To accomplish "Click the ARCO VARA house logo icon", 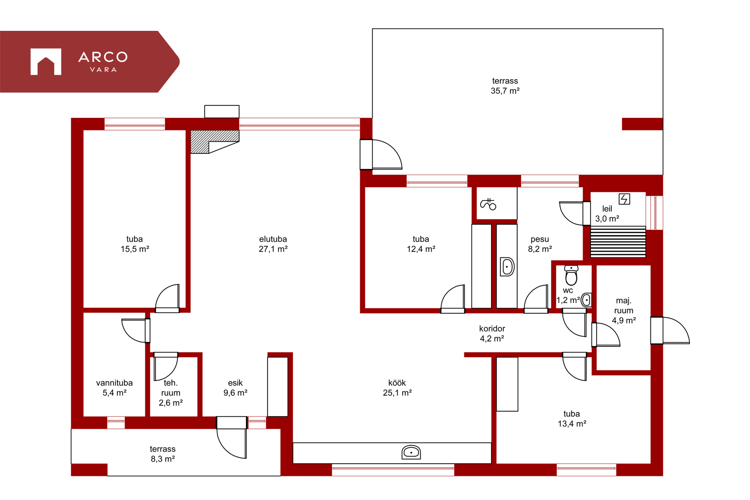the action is point(46,61).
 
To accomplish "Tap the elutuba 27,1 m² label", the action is point(273,244).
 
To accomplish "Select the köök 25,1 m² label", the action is point(397,387).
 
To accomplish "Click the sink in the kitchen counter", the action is point(411,452).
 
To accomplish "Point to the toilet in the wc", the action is point(571,275).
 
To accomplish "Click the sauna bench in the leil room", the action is point(618,242).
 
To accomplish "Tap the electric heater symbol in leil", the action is point(624,199).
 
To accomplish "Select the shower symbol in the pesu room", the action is point(488,204).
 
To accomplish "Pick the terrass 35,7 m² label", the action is point(505,86).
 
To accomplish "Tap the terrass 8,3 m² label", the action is point(163,454).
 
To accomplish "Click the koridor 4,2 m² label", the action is point(492,334).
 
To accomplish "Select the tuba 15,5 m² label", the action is point(135,244).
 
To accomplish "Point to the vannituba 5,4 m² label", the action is point(114,387).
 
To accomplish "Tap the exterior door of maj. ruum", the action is point(670,330).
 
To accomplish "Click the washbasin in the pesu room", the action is point(507,267).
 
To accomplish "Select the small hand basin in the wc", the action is point(586,300).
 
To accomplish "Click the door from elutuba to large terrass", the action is point(381,154).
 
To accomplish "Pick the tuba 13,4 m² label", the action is point(572,418).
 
